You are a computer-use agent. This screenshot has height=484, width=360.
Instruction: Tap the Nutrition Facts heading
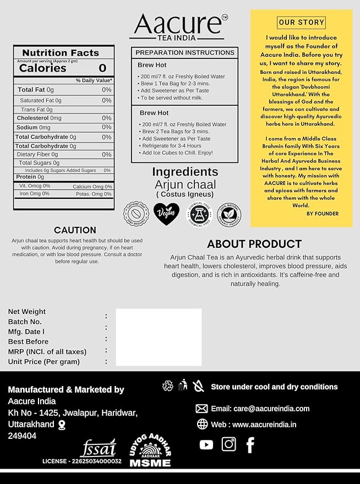click(61, 53)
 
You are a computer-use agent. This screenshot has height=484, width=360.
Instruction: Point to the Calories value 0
click(102, 68)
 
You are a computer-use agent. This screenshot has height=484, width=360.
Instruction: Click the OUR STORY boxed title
click(302, 23)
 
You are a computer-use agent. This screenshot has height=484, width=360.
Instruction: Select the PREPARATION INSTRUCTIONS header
click(185, 52)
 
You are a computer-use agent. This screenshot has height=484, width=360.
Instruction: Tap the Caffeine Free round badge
click(136, 214)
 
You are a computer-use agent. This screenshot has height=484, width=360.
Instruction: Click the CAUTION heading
click(75, 230)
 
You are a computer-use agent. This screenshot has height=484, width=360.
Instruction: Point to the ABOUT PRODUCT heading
click(254, 243)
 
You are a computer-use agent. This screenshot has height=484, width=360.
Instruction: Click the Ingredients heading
click(185, 172)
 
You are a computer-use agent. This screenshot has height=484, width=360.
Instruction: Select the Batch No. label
click(25, 322)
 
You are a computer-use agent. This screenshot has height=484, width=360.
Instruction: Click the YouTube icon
click(206, 444)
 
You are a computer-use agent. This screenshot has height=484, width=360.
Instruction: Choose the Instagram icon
click(228, 444)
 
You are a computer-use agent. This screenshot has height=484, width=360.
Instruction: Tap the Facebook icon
click(250, 444)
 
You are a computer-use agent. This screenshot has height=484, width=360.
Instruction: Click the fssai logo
click(99, 447)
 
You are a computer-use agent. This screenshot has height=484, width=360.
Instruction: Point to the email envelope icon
click(201, 409)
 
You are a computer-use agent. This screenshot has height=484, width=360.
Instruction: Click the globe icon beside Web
click(202, 424)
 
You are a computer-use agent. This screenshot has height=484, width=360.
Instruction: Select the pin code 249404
click(22, 436)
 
